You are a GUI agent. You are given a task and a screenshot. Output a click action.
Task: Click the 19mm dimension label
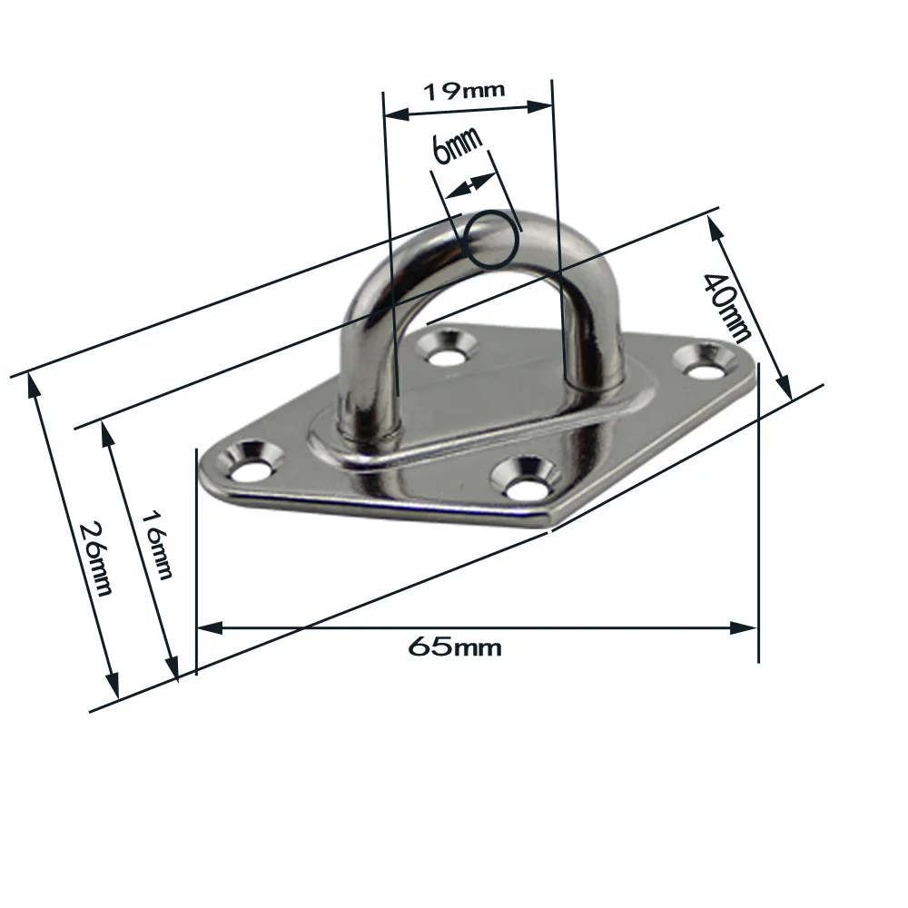pyautogui.click(x=464, y=91)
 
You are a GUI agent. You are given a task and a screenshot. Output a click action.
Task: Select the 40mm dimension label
pyautogui.click(x=726, y=307)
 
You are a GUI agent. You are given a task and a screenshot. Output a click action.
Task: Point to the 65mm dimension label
pyautogui.click(x=455, y=646)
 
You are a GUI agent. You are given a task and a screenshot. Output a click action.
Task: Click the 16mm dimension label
pyautogui.click(x=157, y=544)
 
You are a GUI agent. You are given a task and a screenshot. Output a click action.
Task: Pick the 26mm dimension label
pyautogui.click(x=95, y=558)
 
